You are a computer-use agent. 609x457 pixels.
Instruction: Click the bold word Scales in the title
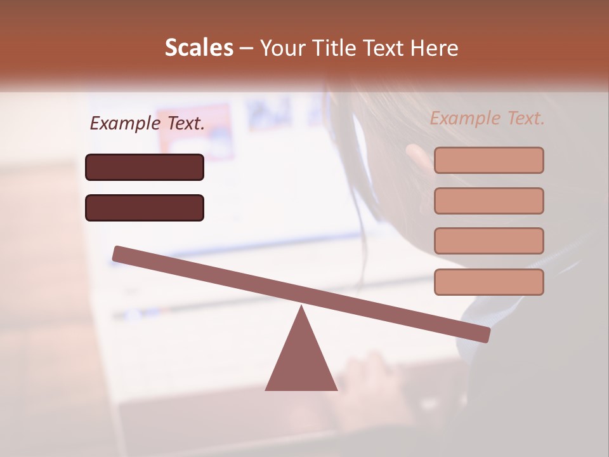[x=199, y=48]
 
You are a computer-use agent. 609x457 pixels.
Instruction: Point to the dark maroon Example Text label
[x=147, y=124]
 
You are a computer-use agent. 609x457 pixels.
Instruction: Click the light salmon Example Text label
[x=487, y=118]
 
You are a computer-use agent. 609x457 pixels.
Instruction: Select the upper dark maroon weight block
[x=145, y=167]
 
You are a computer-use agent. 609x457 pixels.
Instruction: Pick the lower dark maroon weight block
[x=145, y=208]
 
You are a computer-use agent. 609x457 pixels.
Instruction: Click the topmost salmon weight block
[x=488, y=160]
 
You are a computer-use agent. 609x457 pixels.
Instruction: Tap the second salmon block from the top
[x=488, y=201]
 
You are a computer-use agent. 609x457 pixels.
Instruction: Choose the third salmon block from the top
[x=488, y=241]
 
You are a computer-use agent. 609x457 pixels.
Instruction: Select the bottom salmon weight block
[x=488, y=282]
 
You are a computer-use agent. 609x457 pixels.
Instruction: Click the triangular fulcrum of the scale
[x=301, y=359]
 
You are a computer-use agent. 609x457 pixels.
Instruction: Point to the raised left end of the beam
[x=121, y=254]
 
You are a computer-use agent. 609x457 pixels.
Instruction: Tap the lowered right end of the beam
[x=482, y=334]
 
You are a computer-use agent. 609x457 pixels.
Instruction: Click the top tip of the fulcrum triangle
[x=301, y=308]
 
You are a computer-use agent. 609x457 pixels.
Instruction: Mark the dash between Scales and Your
[x=246, y=48]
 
